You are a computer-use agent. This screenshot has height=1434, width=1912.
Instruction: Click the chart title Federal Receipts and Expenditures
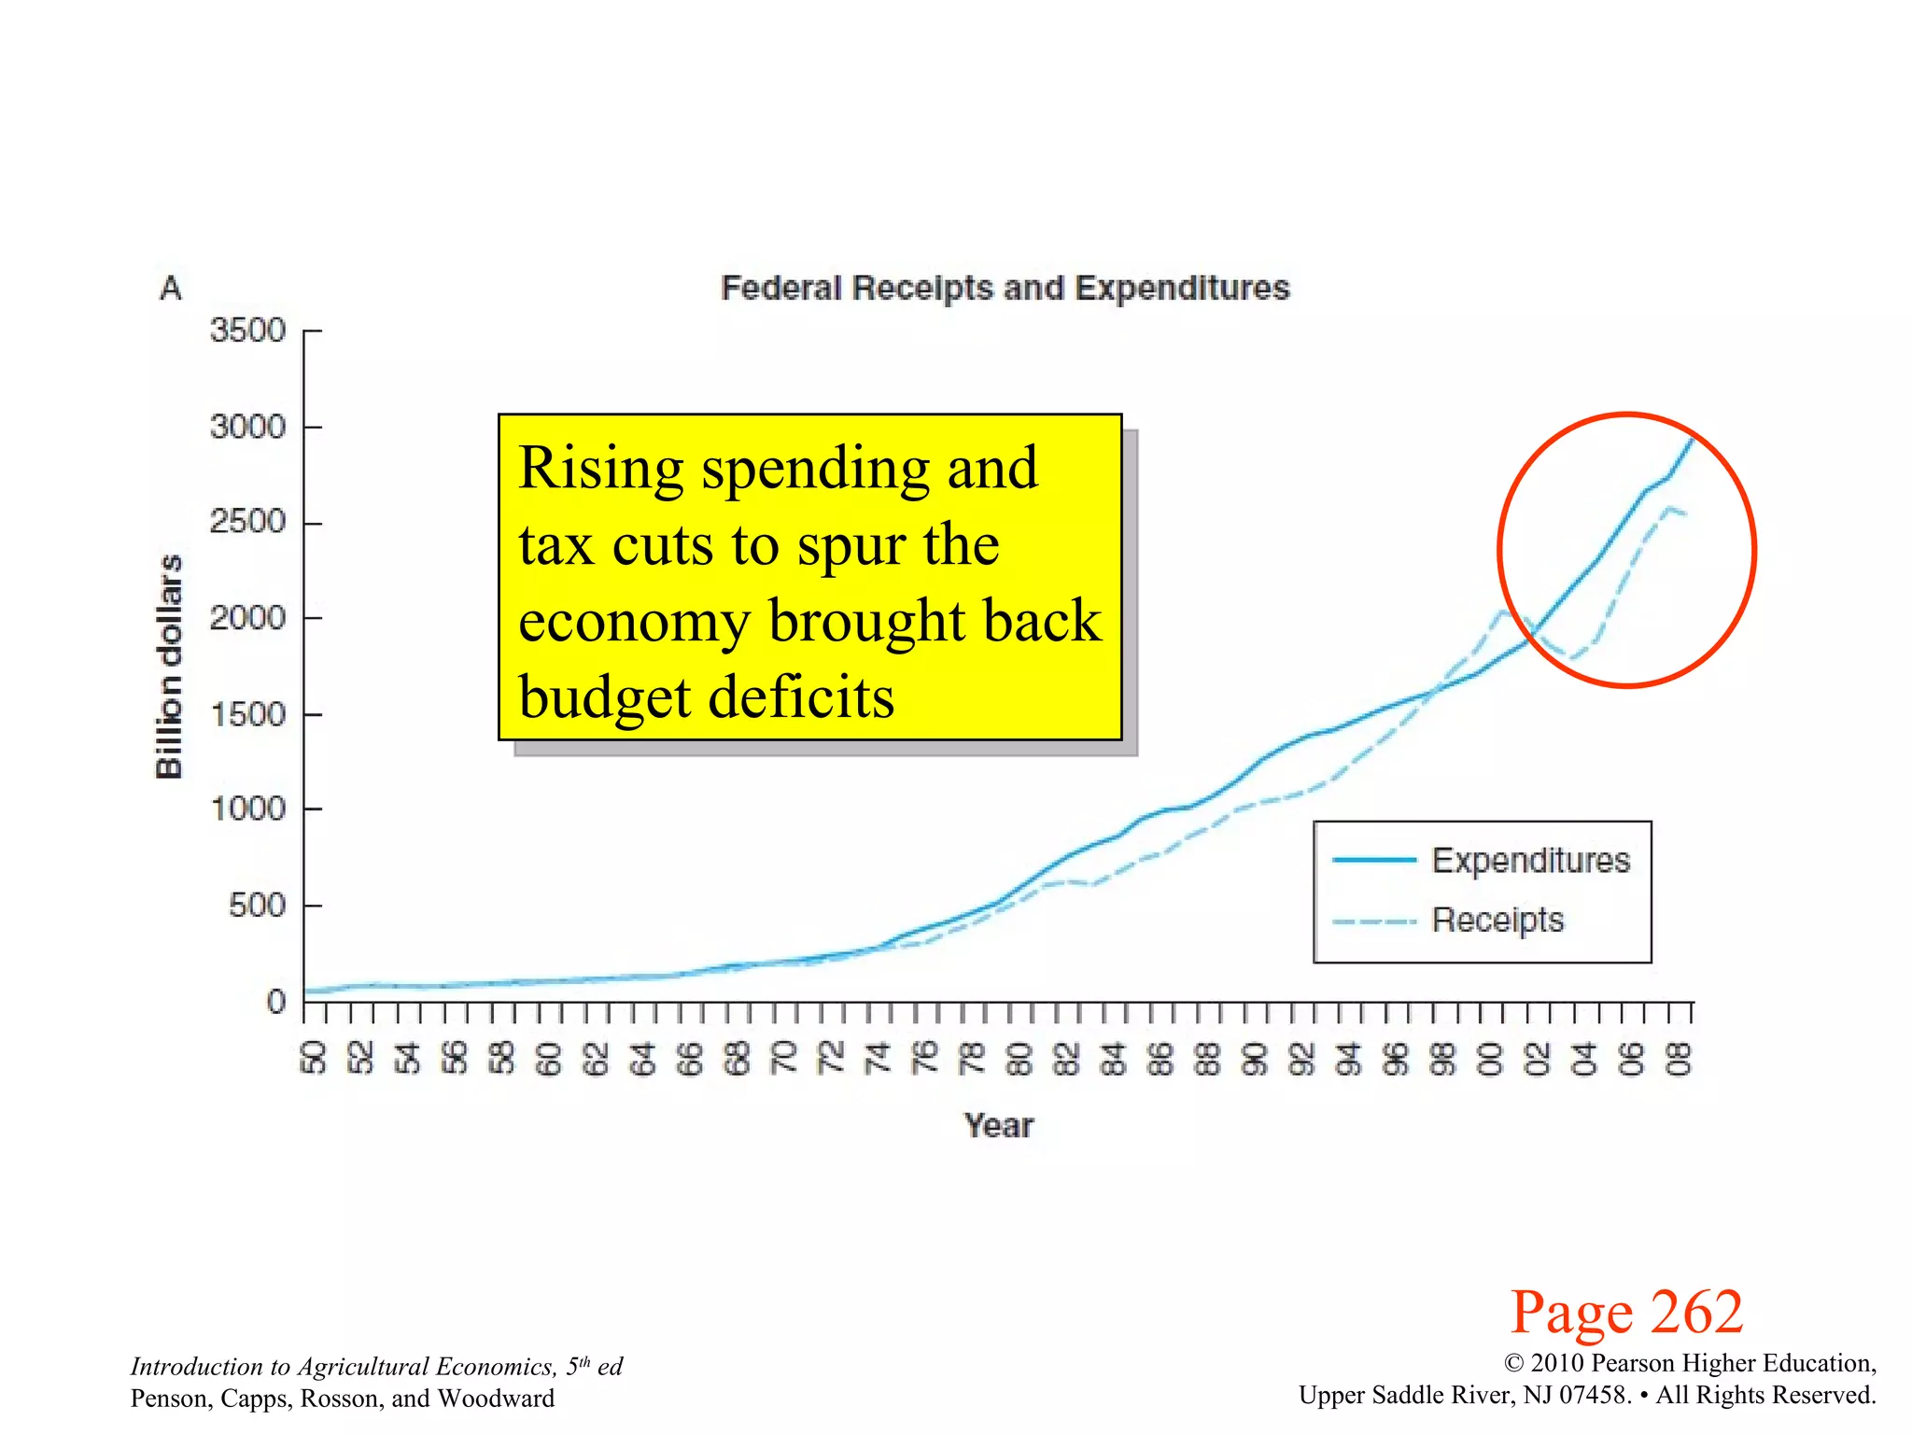1005,288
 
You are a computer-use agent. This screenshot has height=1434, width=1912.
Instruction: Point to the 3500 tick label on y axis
247,330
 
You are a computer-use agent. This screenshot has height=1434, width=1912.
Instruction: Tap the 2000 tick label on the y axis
247,617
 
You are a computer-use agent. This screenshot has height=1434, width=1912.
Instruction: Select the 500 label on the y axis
257,905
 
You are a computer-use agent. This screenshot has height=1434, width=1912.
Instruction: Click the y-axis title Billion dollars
169,667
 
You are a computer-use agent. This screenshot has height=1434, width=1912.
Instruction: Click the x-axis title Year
999,1125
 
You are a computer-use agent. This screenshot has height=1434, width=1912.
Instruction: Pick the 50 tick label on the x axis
314,1059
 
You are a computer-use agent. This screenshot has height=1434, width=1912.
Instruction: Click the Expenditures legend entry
1530,860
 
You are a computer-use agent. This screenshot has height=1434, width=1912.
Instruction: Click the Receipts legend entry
1497,920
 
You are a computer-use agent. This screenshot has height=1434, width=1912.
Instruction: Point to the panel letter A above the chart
171,288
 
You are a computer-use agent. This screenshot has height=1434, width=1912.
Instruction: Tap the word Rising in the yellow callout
600,468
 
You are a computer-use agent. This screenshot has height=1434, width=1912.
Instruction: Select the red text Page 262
1626,1312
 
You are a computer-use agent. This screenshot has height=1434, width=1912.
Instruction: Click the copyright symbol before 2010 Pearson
1514,1364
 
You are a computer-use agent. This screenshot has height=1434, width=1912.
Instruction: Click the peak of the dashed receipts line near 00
1503,612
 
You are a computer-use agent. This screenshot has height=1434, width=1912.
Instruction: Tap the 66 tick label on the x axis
690,1059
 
